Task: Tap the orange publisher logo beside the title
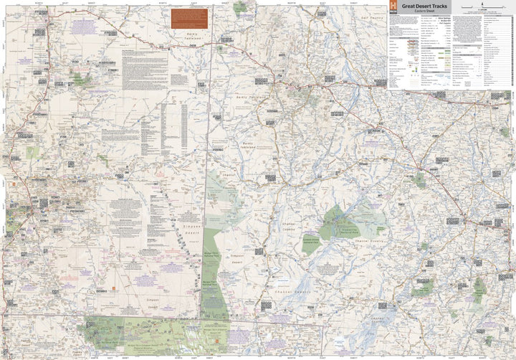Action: (393, 8)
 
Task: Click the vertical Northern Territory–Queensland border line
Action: (208, 143)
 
